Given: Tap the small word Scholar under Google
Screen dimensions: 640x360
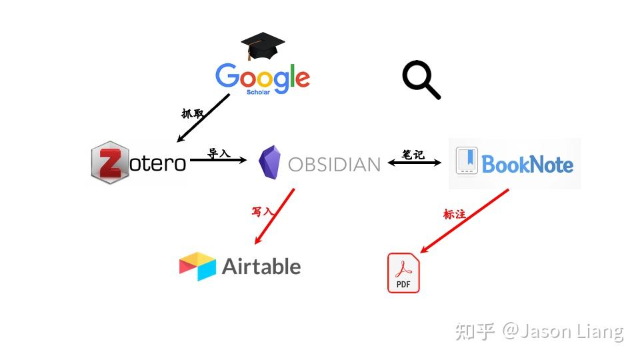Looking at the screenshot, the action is coord(258,92).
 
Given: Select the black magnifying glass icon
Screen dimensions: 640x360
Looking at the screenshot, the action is coord(421,79).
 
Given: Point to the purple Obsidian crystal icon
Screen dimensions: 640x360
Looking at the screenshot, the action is coord(270,162).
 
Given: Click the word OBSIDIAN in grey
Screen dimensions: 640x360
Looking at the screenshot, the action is coord(334,165).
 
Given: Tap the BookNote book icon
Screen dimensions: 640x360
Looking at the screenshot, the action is coord(467,161).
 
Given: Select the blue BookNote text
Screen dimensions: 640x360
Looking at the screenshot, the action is coord(527,164).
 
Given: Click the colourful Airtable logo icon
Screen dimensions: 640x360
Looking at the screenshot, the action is coord(197,266).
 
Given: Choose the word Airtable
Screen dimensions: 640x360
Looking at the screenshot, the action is coord(261,267).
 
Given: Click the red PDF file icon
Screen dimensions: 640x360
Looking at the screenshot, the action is coord(403,273).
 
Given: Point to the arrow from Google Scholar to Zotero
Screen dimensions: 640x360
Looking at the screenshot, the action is coord(203,119).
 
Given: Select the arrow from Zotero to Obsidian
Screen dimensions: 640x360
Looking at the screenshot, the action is coord(219,160).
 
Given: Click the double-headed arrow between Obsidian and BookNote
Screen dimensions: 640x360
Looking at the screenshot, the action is coord(414,163).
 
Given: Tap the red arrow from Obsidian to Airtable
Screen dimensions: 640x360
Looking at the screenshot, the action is coord(274,216).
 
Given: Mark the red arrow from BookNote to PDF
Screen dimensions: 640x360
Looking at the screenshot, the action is coord(465,221).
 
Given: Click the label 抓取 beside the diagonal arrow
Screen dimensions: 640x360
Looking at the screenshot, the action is coord(193,113).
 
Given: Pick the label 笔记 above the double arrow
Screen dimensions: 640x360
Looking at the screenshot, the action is coord(413,154).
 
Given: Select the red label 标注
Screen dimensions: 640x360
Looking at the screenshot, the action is coord(454,214).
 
